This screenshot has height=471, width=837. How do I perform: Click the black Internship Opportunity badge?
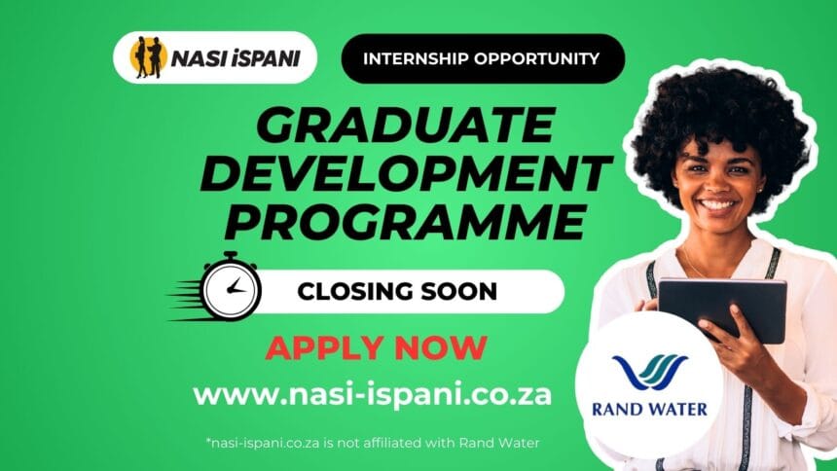[482, 58]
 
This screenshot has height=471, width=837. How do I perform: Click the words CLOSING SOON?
[396, 291]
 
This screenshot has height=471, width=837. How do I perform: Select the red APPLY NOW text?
[376, 347]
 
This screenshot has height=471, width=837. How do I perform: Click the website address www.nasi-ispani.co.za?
[374, 395]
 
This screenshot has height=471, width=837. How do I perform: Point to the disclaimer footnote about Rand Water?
[374, 443]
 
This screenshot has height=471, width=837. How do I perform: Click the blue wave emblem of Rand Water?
[649, 373]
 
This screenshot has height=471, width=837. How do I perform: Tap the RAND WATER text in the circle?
[649, 410]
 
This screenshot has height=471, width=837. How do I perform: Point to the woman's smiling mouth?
[718, 206]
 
